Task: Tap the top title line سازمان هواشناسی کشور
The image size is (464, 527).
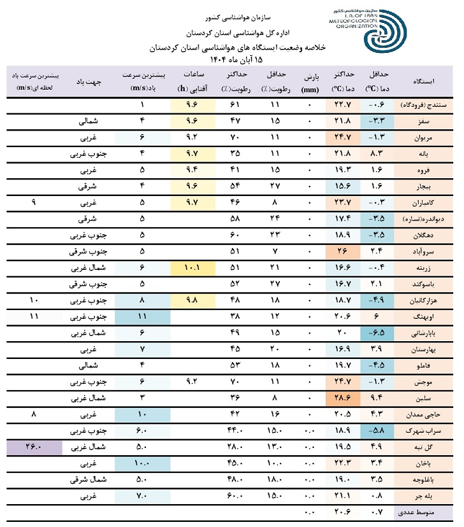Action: pyautogui.click(x=232, y=13)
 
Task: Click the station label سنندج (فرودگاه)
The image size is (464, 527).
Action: pyautogui.click(x=423, y=104)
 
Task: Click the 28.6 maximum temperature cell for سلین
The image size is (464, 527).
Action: pyautogui.click(x=342, y=398)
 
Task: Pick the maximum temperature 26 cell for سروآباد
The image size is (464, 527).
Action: pyautogui.click(x=342, y=251)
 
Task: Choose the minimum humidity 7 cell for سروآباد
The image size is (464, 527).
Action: pyautogui.click(x=274, y=251)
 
